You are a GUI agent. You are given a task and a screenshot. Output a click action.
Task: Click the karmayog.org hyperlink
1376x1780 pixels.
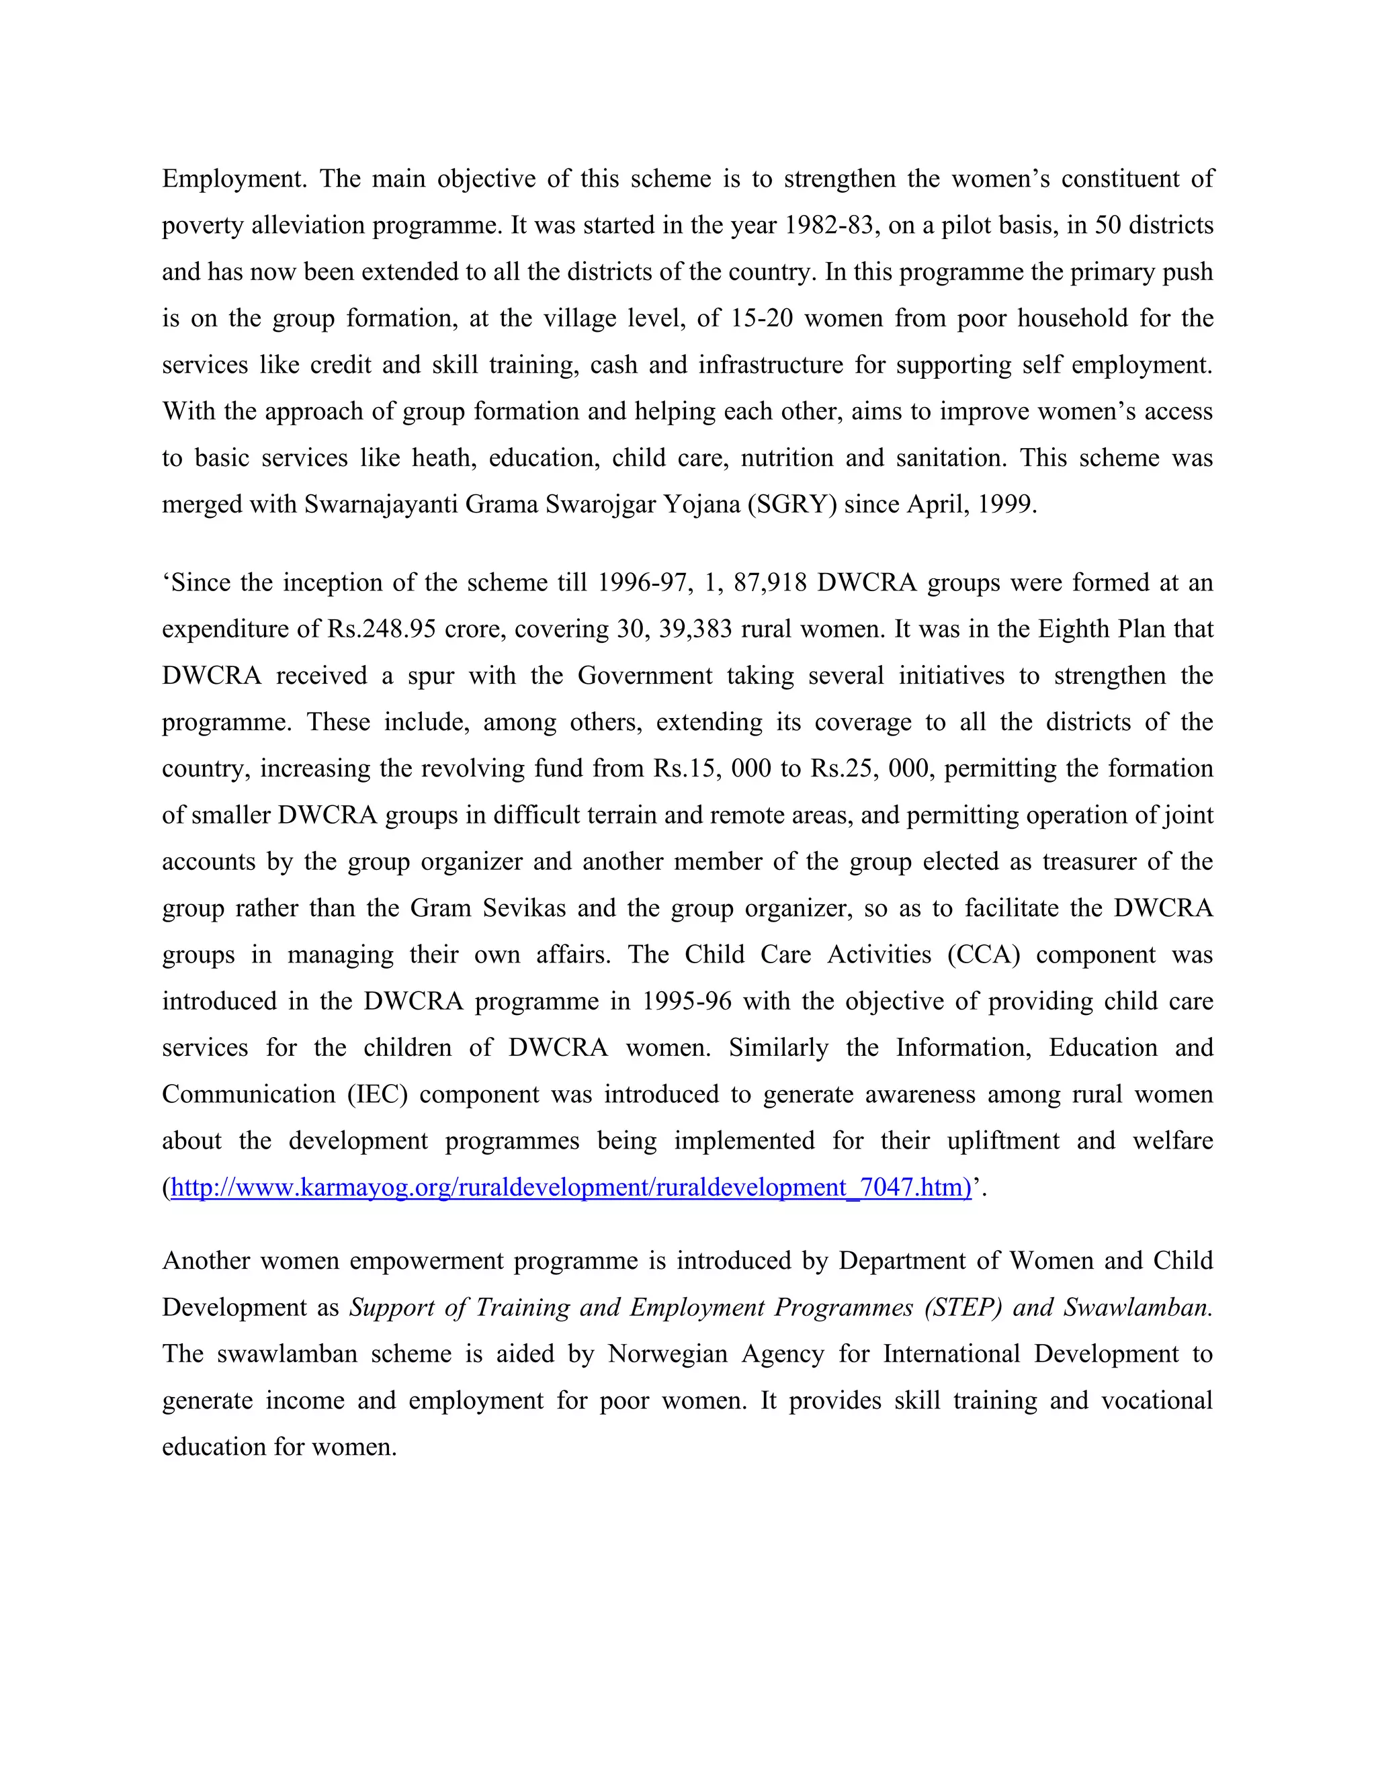(x=570, y=1188)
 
